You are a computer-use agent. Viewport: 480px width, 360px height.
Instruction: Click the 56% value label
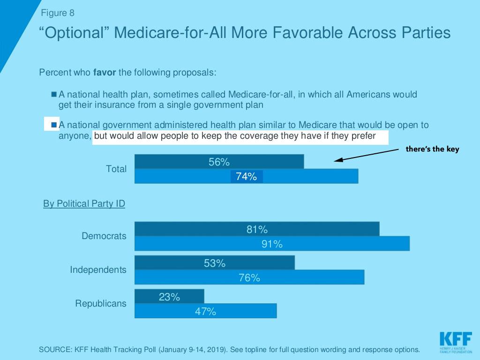pos(219,162)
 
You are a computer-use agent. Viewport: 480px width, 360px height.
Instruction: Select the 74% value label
pos(247,177)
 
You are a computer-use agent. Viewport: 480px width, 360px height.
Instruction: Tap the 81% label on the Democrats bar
pos(257,230)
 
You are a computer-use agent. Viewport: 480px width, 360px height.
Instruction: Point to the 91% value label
pos(272,244)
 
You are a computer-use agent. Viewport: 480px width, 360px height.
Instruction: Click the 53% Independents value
pos(215,263)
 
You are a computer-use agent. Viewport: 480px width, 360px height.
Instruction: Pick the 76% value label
pos(249,278)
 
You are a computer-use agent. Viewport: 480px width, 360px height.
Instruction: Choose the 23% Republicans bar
pos(169,297)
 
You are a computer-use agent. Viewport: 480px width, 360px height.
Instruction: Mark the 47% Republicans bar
pos(205,311)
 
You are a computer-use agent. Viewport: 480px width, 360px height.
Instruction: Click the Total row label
pos(116,169)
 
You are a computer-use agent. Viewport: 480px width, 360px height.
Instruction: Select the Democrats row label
pos(104,236)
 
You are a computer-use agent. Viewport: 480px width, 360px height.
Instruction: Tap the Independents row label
pos(98,270)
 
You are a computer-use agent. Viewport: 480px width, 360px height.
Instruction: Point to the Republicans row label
pos(101,304)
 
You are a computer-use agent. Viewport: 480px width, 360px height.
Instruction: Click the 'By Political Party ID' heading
pos(84,204)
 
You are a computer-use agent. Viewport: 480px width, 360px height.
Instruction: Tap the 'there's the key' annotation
pos(433,150)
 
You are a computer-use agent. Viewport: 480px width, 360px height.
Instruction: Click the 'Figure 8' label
pos(58,13)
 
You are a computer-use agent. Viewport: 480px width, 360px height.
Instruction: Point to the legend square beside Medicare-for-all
pos(54,94)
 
